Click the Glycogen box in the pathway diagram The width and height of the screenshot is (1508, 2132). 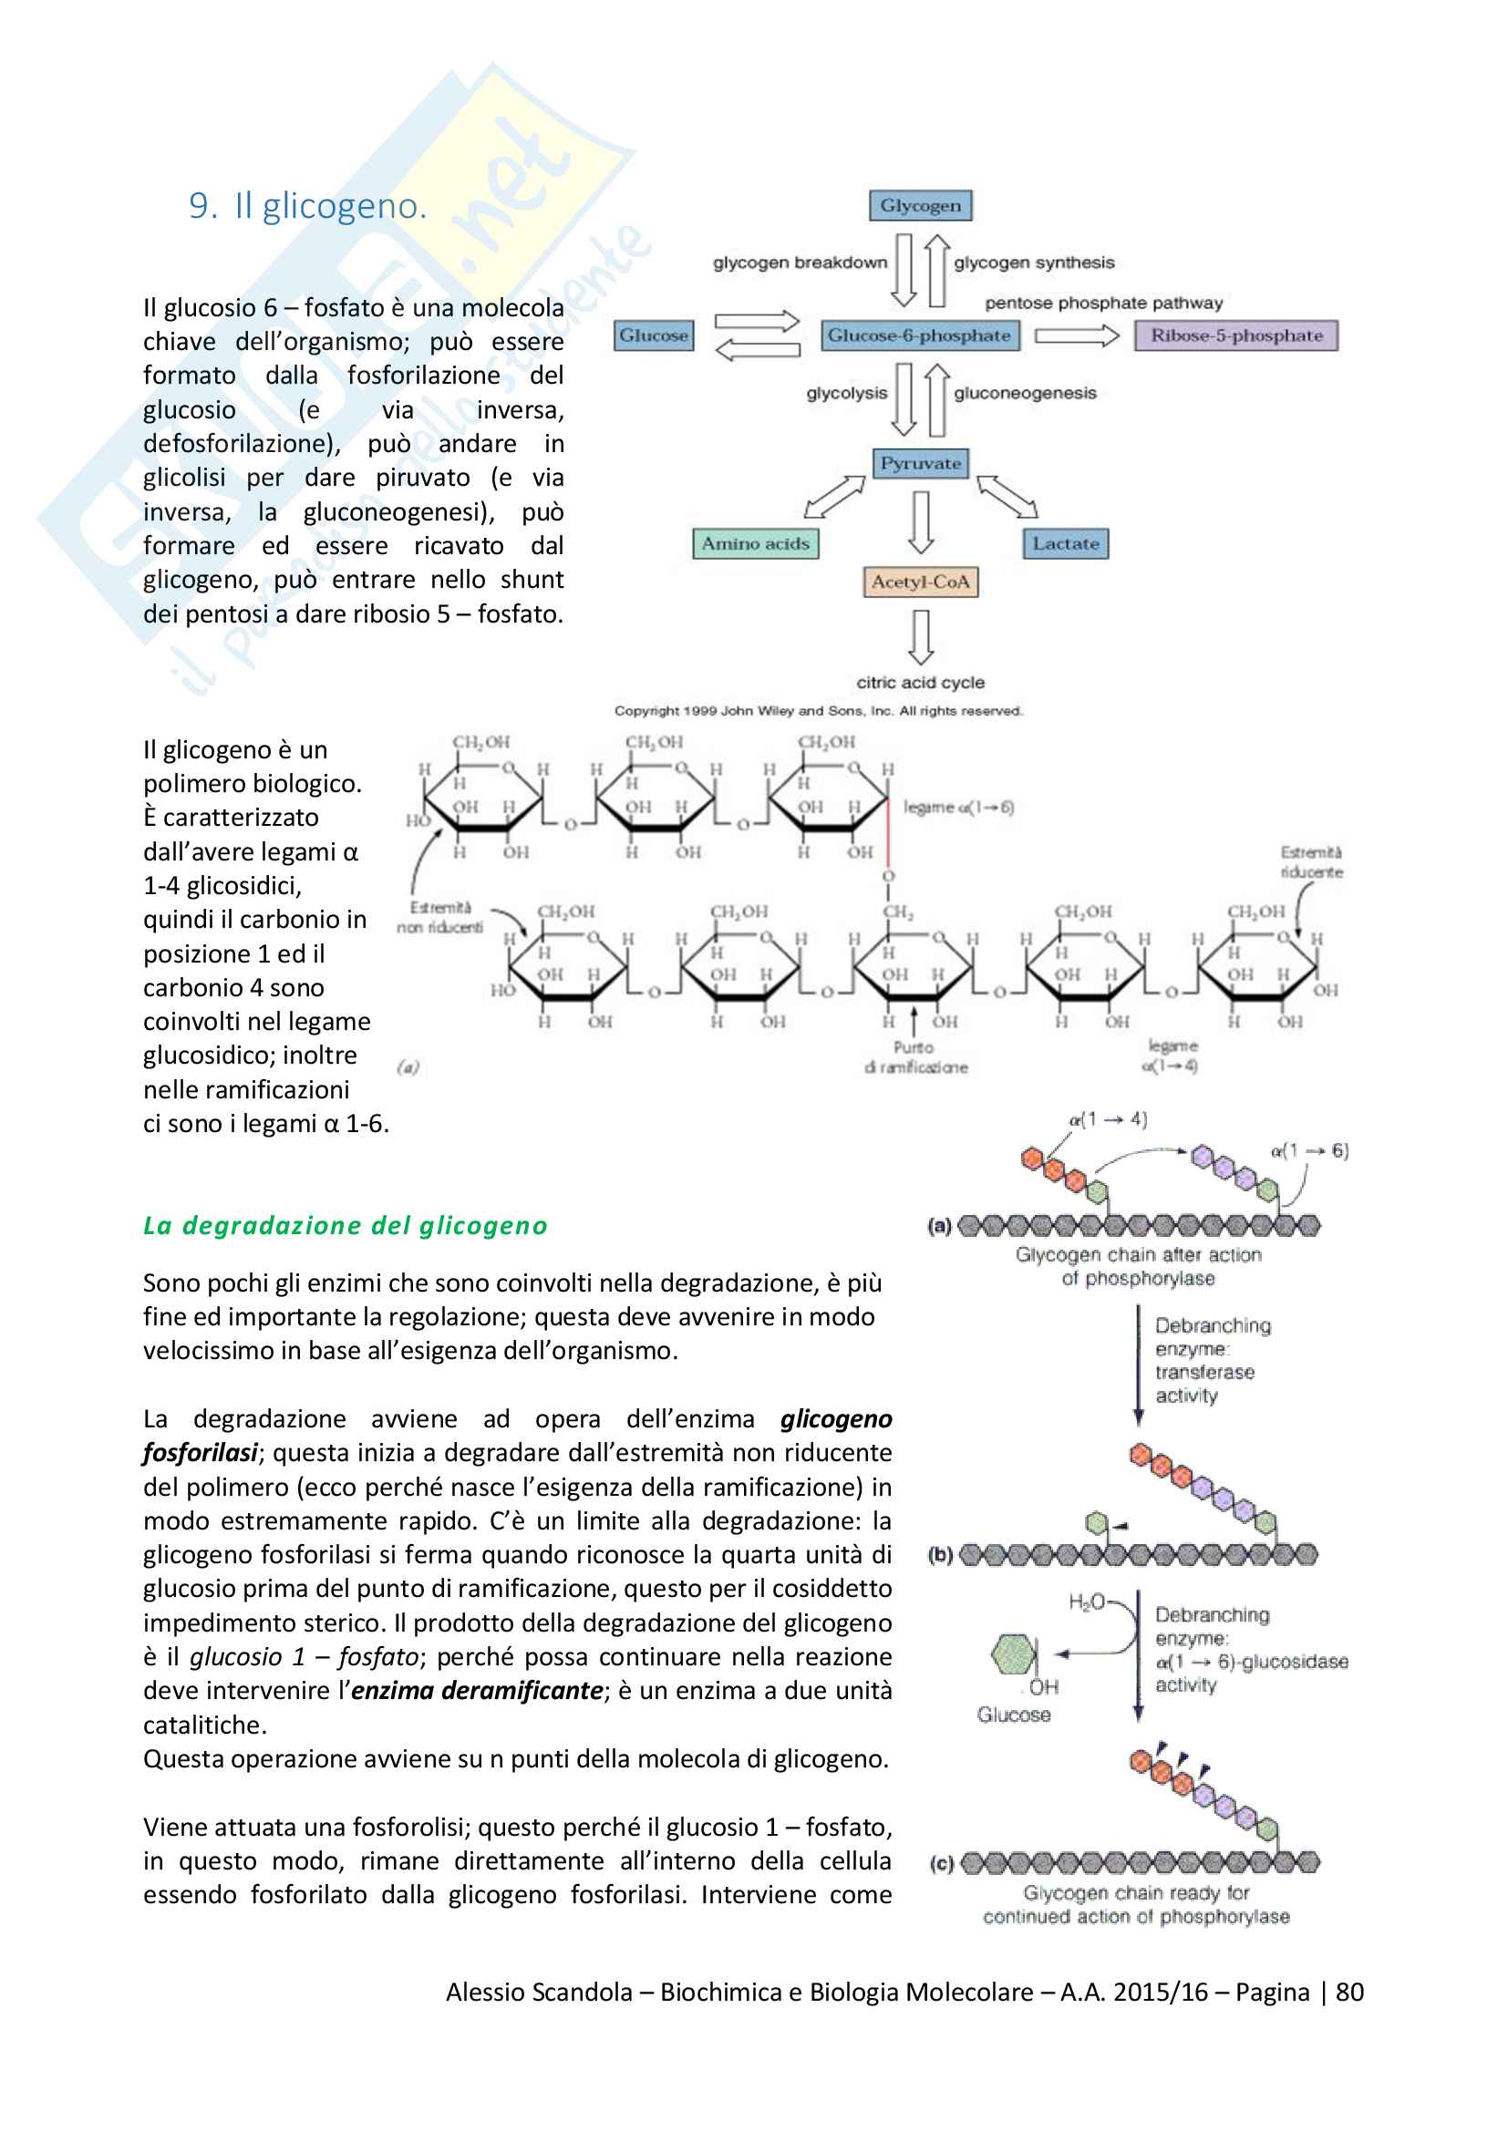click(x=919, y=205)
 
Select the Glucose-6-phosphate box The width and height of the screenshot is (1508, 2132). click(x=918, y=335)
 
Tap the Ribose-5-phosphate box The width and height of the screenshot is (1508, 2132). click(x=1236, y=335)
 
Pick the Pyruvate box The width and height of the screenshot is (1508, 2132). click(x=919, y=462)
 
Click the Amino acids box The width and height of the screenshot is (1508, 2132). click(x=755, y=543)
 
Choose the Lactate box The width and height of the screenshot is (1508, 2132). click(x=1065, y=543)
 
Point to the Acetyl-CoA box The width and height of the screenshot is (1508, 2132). click(x=919, y=582)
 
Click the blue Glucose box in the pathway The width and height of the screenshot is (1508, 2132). click(x=654, y=335)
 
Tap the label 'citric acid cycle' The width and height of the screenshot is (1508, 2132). click(x=919, y=683)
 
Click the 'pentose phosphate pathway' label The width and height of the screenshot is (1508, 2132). click(x=1103, y=303)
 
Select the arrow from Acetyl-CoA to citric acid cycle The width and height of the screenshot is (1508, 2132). click(x=920, y=637)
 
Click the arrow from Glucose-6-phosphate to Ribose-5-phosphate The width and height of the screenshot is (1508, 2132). click(x=1077, y=335)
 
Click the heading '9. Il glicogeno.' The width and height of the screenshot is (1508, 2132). click(x=307, y=205)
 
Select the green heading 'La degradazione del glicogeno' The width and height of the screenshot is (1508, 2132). click(x=345, y=1225)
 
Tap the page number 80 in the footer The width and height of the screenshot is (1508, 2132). click(x=1349, y=1992)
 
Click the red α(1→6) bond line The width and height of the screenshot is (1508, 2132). click(x=888, y=831)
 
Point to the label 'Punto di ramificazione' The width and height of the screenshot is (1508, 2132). click(x=915, y=1057)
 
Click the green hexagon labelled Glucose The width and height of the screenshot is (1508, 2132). click(x=1012, y=1654)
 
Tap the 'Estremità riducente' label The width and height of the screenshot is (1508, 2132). click(x=1310, y=861)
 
